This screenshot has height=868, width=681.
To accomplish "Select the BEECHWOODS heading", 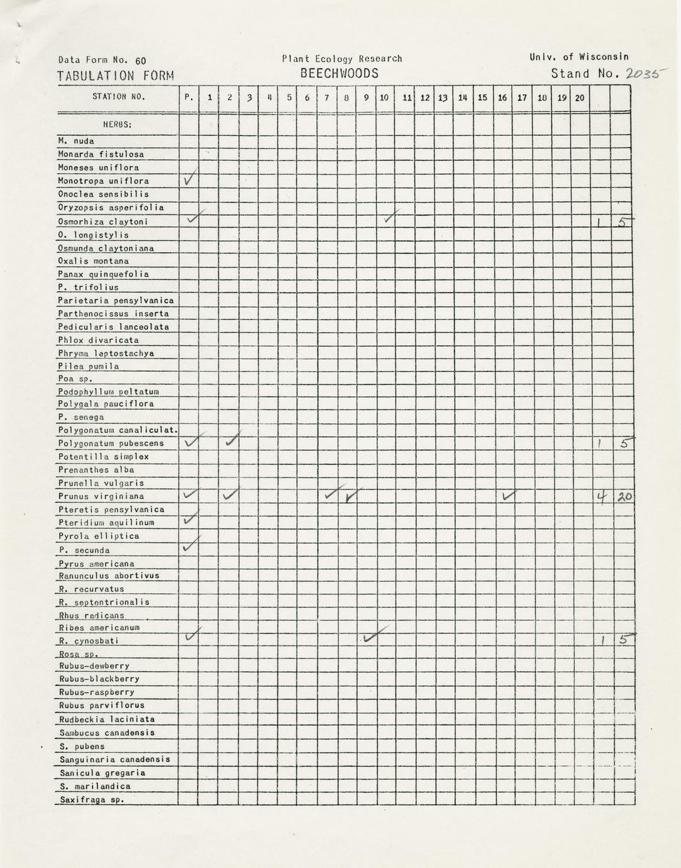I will (340, 74).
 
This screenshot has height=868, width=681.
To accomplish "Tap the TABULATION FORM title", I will (116, 76).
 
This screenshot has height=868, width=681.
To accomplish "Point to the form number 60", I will (140, 60).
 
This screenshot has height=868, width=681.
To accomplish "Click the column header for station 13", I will (443, 97).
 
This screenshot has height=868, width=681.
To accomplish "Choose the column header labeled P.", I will (189, 97).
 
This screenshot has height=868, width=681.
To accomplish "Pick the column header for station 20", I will (579, 97).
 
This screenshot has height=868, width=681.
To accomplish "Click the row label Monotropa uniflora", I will (104, 181).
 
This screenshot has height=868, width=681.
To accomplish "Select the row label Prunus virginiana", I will (101, 496).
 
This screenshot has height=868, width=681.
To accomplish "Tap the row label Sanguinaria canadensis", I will (115, 759).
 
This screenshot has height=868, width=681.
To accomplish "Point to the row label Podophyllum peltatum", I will (108, 391).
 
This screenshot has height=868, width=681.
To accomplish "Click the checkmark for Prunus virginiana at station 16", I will (507, 496).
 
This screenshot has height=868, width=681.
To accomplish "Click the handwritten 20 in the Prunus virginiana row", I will (624, 497).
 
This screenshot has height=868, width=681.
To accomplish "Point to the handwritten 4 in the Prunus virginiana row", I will (602, 498).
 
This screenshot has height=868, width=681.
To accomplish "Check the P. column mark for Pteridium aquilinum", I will (189, 519).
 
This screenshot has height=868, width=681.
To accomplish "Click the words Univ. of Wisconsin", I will (579, 57).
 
